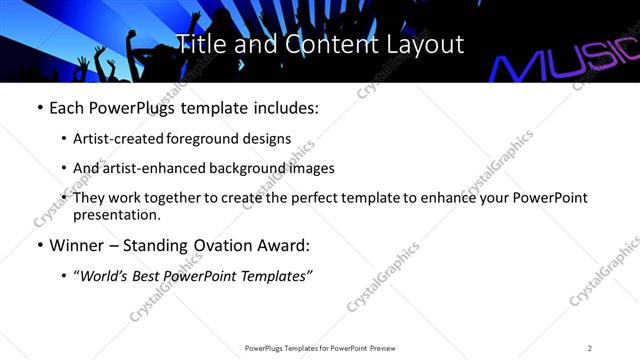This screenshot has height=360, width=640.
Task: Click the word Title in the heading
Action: click(199, 44)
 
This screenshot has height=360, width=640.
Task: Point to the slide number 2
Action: click(590, 347)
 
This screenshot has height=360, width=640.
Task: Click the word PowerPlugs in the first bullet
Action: click(124, 107)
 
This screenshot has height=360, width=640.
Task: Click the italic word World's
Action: click(106, 277)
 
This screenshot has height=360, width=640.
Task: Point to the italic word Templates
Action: click(273, 277)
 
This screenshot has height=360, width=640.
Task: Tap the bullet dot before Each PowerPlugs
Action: click(39, 108)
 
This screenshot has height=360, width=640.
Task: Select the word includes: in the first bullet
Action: click(287, 107)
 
